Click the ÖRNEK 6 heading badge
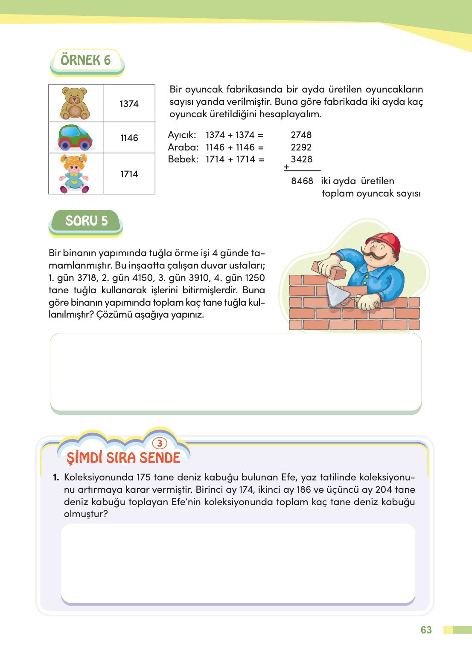(x=86, y=61)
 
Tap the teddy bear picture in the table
(x=75, y=104)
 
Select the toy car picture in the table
(x=75, y=138)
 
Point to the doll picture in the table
(x=74, y=174)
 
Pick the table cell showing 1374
(x=129, y=104)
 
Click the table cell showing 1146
(x=129, y=138)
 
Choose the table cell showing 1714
(x=129, y=174)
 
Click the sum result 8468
(x=302, y=181)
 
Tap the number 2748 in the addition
(x=301, y=135)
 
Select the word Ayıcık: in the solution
(x=182, y=135)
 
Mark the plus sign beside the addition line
(x=286, y=167)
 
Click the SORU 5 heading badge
(x=86, y=221)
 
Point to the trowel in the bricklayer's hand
(x=337, y=294)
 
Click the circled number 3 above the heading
(x=160, y=443)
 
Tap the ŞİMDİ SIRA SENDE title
(x=123, y=458)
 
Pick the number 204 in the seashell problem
(x=383, y=490)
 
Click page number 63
(x=426, y=630)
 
